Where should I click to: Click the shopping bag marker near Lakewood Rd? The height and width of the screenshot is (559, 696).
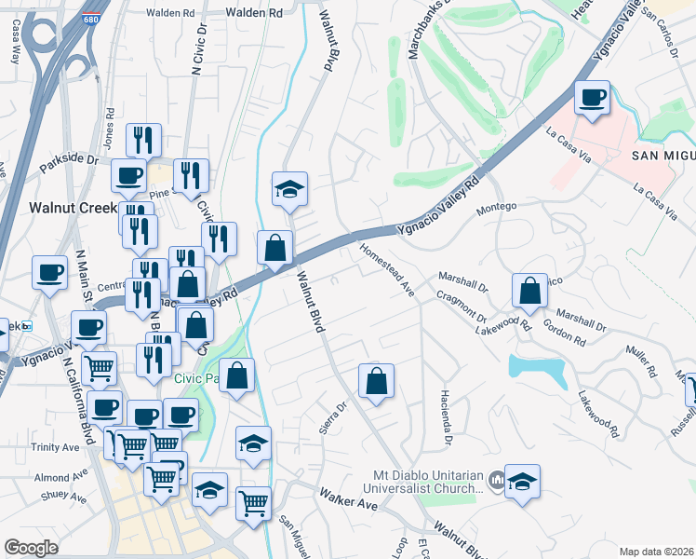[529, 292]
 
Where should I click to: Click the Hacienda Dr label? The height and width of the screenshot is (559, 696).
[446, 416]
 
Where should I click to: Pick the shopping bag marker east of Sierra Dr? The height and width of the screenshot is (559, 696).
[376, 381]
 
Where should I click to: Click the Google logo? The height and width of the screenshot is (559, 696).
[31, 547]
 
